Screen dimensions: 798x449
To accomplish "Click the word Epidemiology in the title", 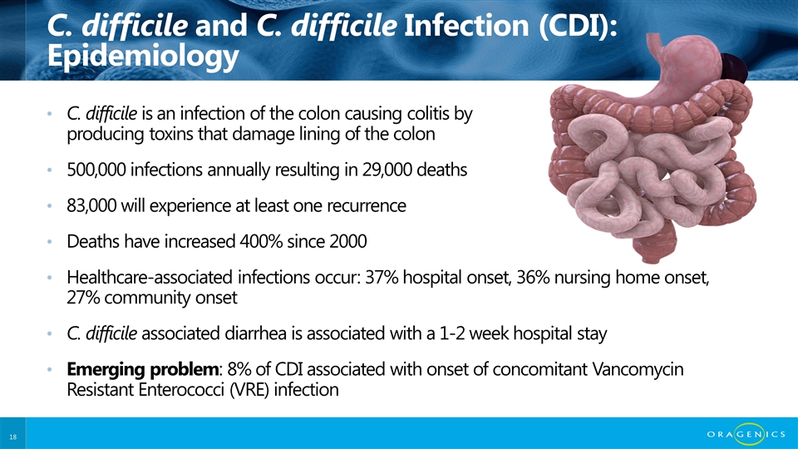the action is (x=143, y=56).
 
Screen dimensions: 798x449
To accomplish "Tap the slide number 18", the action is (x=12, y=437).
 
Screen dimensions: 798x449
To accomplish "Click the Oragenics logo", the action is (x=746, y=434).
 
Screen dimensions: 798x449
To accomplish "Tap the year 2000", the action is (x=348, y=241).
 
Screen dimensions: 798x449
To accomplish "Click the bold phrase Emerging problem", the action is (x=143, y=369).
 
